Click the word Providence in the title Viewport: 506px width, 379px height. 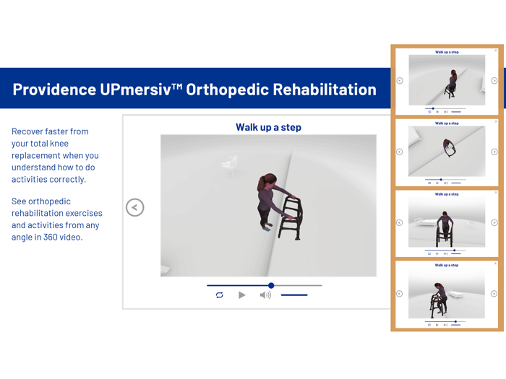54,90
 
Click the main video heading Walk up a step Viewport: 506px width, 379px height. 268,127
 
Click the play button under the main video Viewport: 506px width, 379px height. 242,295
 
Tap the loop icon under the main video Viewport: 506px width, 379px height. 219,295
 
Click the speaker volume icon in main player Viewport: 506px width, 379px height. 265,295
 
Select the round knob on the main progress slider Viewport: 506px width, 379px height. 271,285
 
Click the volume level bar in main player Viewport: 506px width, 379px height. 294,295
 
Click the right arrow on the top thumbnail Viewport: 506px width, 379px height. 494,81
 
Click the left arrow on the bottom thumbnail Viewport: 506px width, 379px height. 399,294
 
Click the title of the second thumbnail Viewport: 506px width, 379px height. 447,123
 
